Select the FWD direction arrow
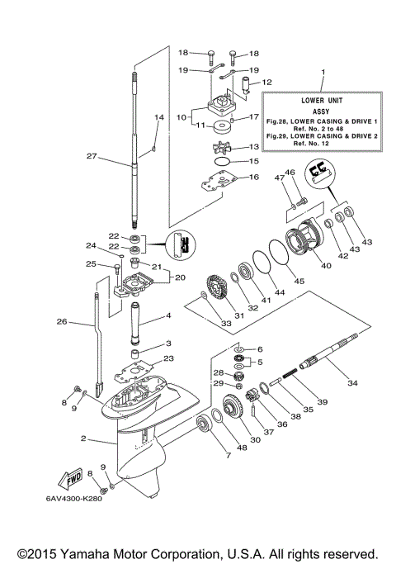pos(65,480)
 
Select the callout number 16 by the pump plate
pos(255,177)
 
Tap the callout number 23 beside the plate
pos(168,358)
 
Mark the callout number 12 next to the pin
pos(267,83)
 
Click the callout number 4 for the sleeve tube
pos(168,315)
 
